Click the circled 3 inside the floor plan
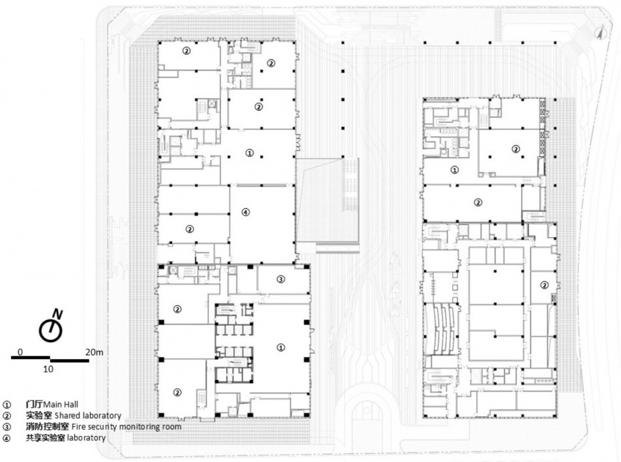(280, 280)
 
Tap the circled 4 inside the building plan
(246, 212)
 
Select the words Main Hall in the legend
(61, 404)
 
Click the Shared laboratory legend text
(88, 415)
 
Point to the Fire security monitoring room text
(126, 427)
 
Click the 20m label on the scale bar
(94, 352)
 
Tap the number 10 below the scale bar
(48, 369)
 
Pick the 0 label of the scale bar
(21, 352)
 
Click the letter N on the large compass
(58, 314)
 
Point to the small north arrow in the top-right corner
(601, 32)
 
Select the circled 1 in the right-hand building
(455, 170)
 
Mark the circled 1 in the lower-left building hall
(280, 347)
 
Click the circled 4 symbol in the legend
(6, 438)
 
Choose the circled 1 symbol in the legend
(6, 405)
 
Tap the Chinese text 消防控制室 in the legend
(47, 427)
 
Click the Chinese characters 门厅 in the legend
(34, 404)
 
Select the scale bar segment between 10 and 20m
(69, 360)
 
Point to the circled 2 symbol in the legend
(6, 416)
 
